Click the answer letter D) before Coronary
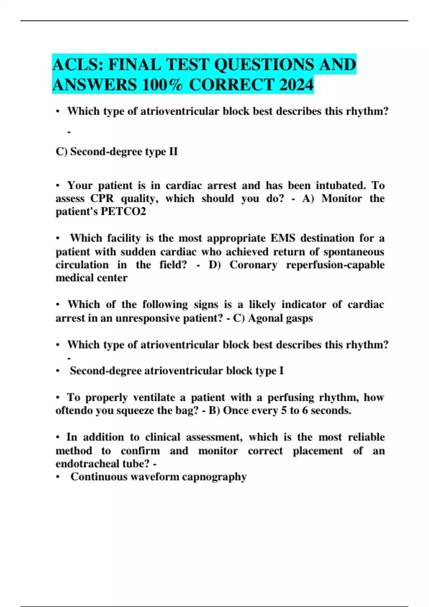(x=215, y=265)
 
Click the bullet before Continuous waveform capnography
(x=58, y=477)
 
